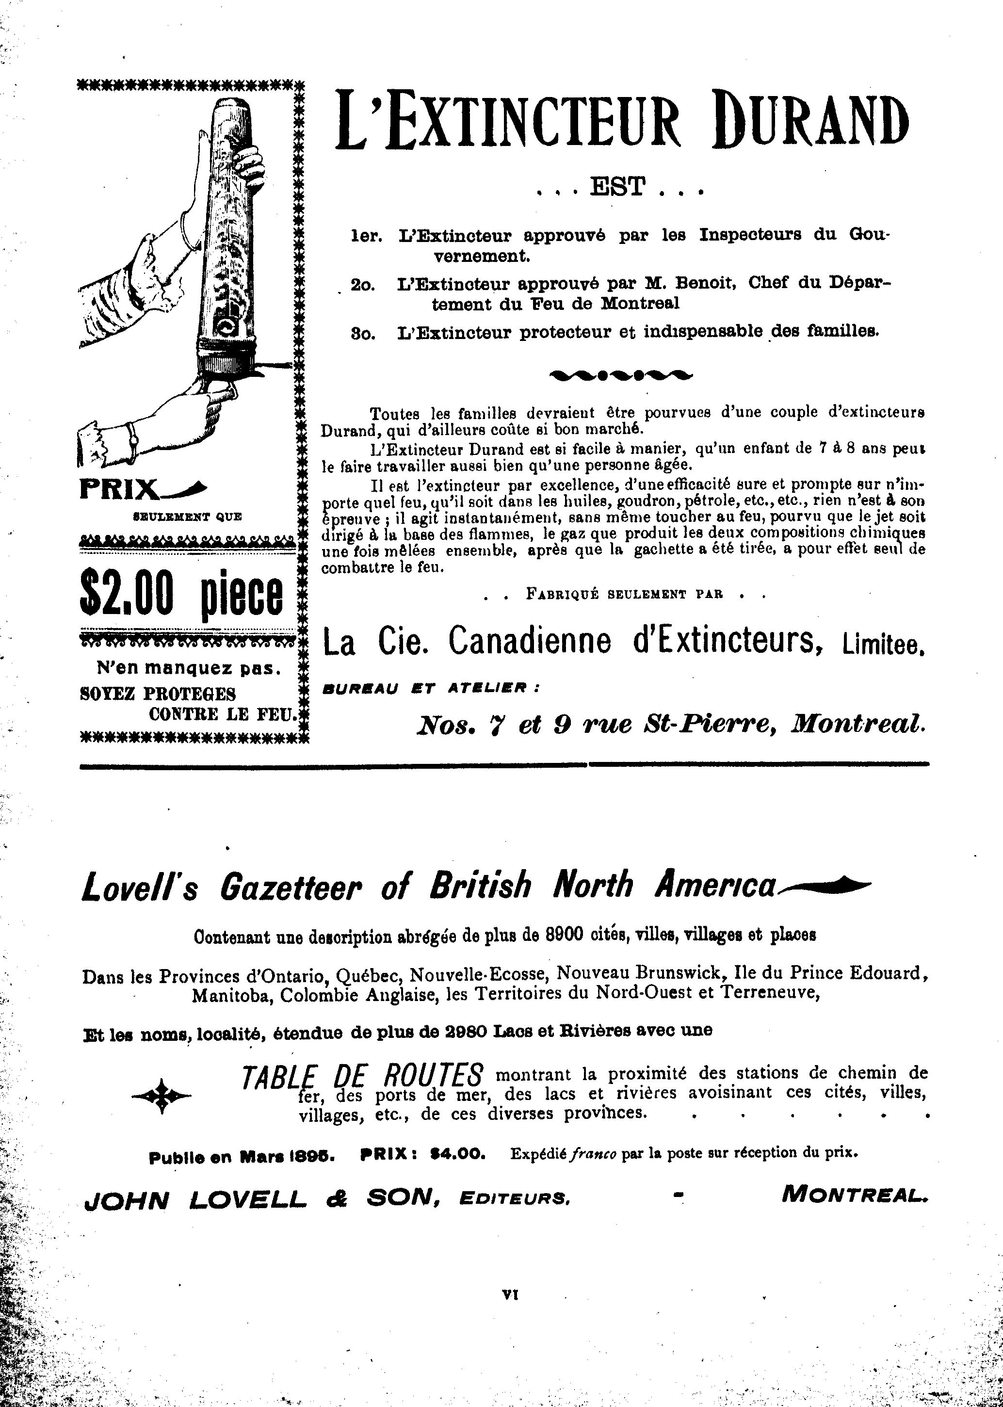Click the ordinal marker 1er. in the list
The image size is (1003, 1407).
tap(367, 236)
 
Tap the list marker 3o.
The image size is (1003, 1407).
tap(364, 332)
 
